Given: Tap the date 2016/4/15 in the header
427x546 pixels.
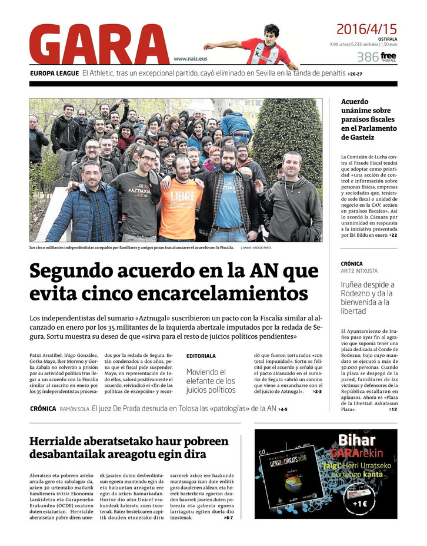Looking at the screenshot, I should pyautogui.click(x=366, y=29).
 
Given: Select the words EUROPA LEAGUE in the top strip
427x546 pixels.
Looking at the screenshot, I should pyautogui.click(x=55, y=74).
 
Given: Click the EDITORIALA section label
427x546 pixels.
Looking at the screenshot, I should pyautogui.click(x=201, y=356).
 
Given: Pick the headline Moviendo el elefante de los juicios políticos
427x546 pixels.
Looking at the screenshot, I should pyautogui.click(x=211, y=380).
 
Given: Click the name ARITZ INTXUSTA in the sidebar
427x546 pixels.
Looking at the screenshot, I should pyautogui.click(x=359, y=271).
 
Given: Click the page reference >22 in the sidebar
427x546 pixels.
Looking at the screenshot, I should pyautogui.click(x=392, y=235).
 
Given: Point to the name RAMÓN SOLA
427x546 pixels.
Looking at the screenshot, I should pyautogui.click(x=74, y=409).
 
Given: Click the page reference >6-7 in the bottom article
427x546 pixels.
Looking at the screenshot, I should pyautogui.click(x=227, y=518).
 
